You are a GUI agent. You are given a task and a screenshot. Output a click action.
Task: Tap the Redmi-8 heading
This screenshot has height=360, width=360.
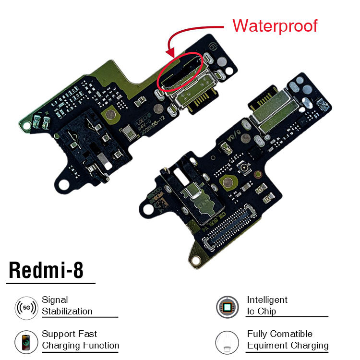[x=46, y=271]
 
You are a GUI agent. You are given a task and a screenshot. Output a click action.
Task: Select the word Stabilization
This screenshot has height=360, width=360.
[x=67, y=311]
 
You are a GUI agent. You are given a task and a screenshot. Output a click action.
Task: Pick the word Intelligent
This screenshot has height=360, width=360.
[x=267, y=300]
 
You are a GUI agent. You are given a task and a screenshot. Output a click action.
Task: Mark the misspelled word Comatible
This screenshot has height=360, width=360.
[x=289, y=334]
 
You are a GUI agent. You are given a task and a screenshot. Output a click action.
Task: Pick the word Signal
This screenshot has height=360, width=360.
[x=55, y=300]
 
